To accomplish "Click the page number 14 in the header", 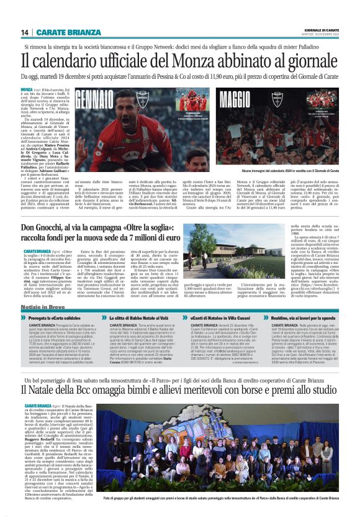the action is [x=25, y=32].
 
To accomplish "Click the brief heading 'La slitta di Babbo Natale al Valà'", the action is [x=142, y=317].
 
